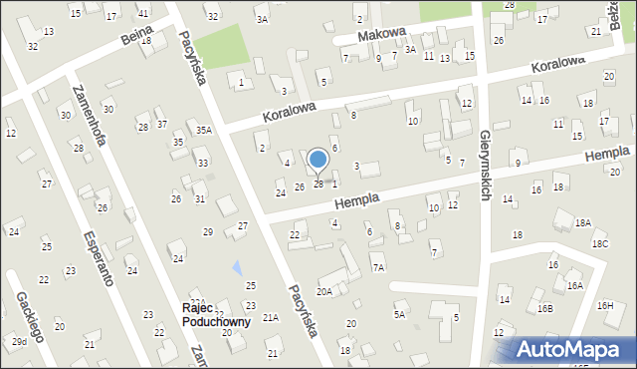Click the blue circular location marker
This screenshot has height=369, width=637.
pyautogui.click(x=318, y=160)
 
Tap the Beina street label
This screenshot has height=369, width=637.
pyautogui.click(x=135, y=39)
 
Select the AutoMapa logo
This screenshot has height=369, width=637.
pyautogui.click(x=572, y=349)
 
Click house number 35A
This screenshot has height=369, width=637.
pyautogui.click(x=204, y=130)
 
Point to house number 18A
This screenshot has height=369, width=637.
pyautogui.click(x=582, y=223)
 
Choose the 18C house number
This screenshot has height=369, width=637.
pyautogui.click(x=599, y=243)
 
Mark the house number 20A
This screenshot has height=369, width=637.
pyautogui.click(x=324, y=291)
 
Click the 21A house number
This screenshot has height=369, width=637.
pyautogui.click(x=270, y=317)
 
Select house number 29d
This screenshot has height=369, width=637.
pyautogui.click(x=19, y=342)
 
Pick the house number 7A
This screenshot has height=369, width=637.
pyautogui.click(x=378, y=267)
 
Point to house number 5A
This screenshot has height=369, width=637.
pyautogui.click(x=399, y=314)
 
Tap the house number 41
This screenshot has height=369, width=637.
pyautogui.click(x=143, y=13)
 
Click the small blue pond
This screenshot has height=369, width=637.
pyautogui.click(x=237, y=267)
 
